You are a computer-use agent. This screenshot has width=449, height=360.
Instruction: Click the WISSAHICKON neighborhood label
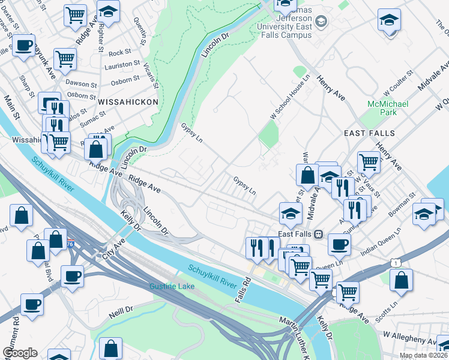pos(128,102)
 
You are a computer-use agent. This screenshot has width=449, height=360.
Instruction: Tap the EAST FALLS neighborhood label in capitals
pos(369,132)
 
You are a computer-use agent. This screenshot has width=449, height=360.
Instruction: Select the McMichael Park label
pos(388,108)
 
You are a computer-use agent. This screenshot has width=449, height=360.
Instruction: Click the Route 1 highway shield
pos(394,262)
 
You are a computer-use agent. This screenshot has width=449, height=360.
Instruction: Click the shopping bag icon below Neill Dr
pos(110,348)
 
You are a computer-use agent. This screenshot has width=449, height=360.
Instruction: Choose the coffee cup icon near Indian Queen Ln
pos(339,244)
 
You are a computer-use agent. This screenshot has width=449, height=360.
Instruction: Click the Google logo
pos(20,353)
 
